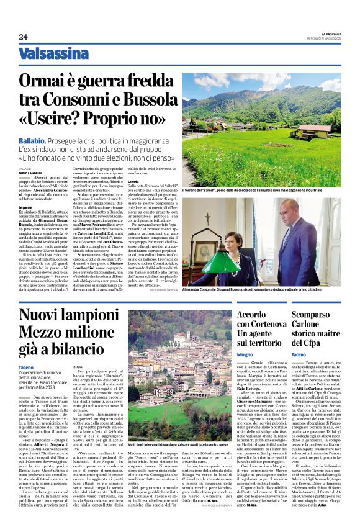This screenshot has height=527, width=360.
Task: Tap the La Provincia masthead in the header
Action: (326, 34)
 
